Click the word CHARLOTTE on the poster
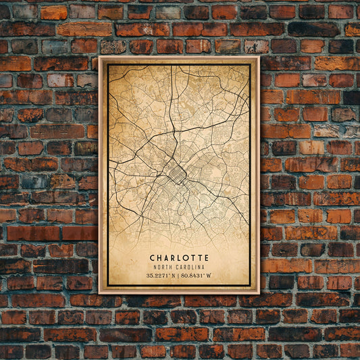point(179,257)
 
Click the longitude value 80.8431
point(196,276)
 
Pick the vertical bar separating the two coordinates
point(179,276)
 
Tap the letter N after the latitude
point(174,276)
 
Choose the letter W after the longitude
point(211,276)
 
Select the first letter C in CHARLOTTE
point(153,257)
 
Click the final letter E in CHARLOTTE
point(206,257)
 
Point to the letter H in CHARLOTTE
point(159,257)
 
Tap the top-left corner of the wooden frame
point(99,57)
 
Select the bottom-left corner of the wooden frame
point(99,292)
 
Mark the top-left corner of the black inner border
point(107,65)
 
